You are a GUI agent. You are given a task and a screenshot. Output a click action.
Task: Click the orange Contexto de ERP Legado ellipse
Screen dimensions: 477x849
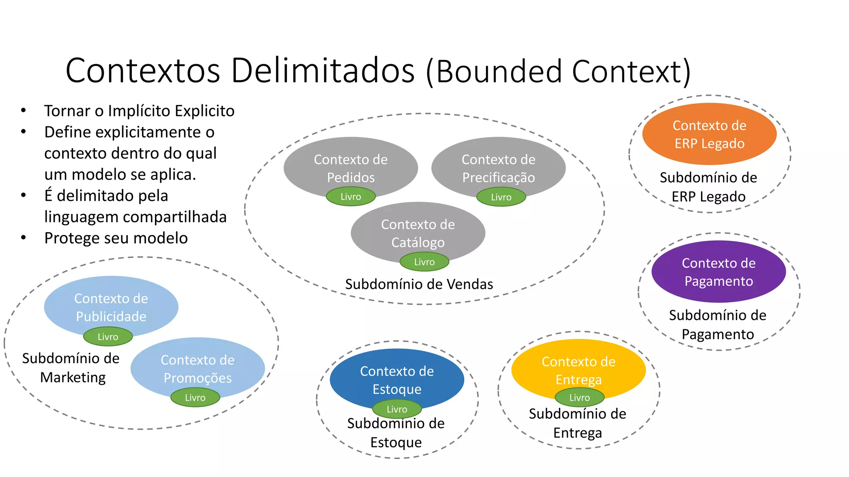click(x=709, y=134)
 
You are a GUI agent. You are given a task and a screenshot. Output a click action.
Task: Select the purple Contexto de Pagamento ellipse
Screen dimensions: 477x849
click(x=718, y=272)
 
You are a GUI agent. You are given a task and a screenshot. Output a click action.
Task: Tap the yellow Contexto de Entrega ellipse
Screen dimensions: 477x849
click(x=578, y=369)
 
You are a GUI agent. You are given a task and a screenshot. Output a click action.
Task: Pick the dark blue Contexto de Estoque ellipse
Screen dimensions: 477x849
click(x=397, y=379)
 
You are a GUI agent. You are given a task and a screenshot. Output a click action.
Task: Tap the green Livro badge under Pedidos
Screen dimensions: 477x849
click(x=351, y=197)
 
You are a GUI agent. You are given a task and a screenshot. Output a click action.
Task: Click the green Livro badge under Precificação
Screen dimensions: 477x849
click(x=501, y=197)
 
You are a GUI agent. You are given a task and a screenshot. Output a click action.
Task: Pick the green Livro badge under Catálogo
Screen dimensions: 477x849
click(x=424, y=262)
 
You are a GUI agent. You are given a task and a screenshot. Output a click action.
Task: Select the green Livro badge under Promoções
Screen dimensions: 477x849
click(x=195, y=397)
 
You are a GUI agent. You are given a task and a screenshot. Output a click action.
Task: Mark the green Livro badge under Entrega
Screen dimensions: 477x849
click(x=579, y=397)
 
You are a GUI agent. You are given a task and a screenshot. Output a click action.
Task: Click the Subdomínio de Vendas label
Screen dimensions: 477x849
click(x=419, y=284)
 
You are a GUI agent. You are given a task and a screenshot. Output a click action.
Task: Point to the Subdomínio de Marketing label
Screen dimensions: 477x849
click(x=71, y=368)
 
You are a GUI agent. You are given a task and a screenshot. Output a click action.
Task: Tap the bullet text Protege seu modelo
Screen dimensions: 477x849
click(x=116, y=238)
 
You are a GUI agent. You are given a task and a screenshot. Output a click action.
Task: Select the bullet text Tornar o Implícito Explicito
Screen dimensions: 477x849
click(x=139, y=111)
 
